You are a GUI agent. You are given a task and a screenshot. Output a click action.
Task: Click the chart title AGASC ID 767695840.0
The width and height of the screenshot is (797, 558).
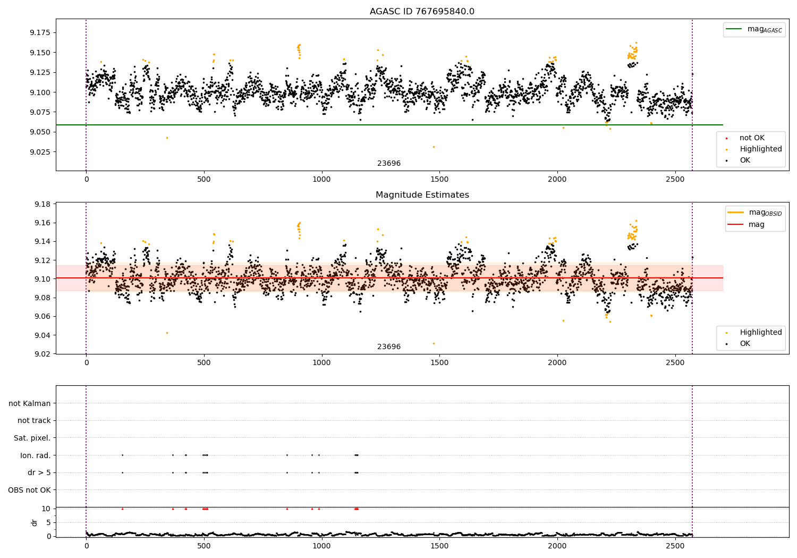tap(422, 12)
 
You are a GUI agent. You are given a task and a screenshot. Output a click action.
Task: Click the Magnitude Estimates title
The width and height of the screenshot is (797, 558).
tap(422, 195)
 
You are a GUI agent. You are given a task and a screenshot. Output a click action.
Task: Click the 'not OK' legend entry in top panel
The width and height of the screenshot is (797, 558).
tap(752, 138)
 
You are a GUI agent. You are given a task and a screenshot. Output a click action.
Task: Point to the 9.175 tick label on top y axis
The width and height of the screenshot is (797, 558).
tap(40, 33)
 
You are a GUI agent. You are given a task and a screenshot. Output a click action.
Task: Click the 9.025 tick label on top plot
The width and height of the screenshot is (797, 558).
tap(40, 152)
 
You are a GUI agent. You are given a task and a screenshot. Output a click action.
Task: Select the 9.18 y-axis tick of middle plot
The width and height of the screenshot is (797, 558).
tap(42, 205)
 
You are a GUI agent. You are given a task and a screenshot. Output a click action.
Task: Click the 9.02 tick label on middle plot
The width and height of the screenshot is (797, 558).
tap(42, 354)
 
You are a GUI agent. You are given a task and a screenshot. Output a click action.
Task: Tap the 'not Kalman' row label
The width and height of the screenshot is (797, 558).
tap(30, 404)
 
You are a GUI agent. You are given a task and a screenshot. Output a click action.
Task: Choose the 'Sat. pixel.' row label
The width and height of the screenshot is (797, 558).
tap(32, 438)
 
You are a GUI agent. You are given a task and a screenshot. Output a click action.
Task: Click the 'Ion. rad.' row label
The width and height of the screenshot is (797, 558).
tap(36, 455)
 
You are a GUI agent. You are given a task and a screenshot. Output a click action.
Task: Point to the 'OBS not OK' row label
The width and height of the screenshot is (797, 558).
tap(29, 490)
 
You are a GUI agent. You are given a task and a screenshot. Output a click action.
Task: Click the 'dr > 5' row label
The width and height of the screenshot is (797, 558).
tap(39, 473)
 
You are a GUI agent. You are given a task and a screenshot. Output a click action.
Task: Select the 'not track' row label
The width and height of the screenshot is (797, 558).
tap(34, 421)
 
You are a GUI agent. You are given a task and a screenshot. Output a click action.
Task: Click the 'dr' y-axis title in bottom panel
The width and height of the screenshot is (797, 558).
tap(35, 522)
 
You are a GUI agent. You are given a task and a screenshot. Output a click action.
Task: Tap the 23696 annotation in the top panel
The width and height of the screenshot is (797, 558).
tap(389, 164)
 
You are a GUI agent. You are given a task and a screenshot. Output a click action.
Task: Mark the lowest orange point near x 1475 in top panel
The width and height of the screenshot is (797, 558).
tap(434, 147)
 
